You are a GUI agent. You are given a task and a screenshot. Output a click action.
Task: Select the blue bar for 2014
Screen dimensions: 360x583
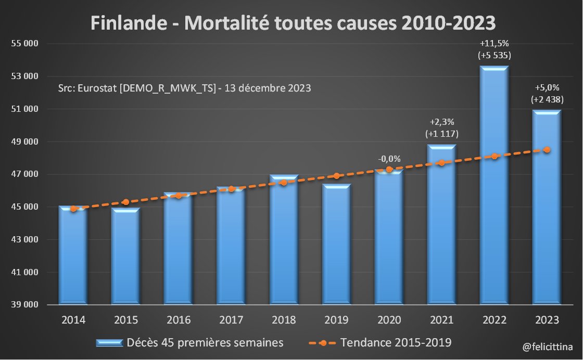point(73,255)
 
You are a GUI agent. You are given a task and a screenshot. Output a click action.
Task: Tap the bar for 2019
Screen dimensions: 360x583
point(336,245)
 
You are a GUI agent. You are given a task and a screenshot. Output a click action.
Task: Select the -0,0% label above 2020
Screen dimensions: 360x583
point(389,159)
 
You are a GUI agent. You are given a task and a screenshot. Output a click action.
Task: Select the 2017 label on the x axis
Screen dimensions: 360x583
point(231,320)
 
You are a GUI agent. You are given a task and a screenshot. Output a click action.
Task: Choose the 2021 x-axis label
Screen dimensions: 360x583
point(441,320)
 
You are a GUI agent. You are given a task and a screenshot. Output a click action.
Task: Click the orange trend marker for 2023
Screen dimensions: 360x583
point(547,150)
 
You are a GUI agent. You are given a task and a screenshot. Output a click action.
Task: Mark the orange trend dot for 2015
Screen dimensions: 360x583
point(126,202)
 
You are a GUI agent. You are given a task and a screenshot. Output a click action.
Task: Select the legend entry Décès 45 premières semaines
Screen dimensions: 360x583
point(189,343)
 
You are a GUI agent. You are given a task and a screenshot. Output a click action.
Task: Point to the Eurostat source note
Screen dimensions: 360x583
point(185,88)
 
